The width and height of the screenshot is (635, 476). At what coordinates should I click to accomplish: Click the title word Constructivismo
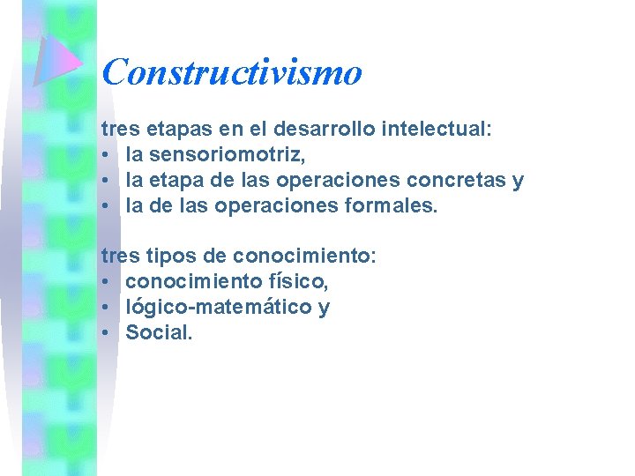tap(232, 72)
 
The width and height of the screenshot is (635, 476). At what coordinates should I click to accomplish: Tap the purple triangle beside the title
tap(55, 62)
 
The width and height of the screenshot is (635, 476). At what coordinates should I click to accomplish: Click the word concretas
tap(459, 181)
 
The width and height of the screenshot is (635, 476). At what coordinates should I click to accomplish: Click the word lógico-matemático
tap(216, 308)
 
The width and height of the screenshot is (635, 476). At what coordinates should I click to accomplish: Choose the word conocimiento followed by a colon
tap(303, 257)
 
